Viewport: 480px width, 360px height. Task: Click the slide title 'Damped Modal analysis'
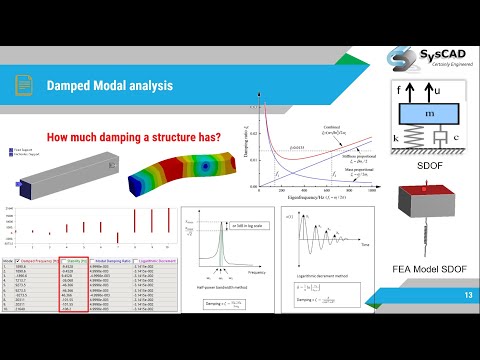coord(109,86)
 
